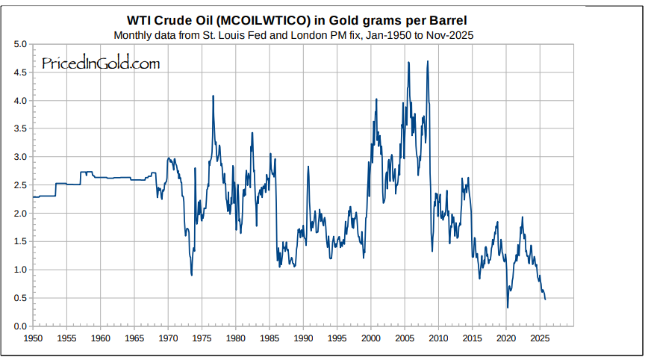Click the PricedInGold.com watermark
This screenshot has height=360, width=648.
(x=101, y=64)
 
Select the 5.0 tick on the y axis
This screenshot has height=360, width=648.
(x=21, y=45)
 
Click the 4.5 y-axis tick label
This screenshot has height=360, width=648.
(x=21, y=72)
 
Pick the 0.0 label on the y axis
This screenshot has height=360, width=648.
(x=21, y=326)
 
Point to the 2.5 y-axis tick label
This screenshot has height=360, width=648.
(x=21, y=185)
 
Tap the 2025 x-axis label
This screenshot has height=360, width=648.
(x=540, y=338)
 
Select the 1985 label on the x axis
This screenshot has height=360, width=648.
(x=270, y=338)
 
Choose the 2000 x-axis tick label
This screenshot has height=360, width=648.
(x=371, y=338)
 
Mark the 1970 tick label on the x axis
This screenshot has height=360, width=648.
(x=168, y=338)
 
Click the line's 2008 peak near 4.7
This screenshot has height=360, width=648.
(x=427, y=61)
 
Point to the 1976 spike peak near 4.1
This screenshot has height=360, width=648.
(x=214, y=96)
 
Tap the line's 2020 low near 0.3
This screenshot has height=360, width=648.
(x=508, y=308)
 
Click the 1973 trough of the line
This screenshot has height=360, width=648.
(x=192, y=276)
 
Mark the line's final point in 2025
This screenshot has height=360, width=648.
(x=545, y=300)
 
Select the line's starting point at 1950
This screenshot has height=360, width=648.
(x=33, y=196)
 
